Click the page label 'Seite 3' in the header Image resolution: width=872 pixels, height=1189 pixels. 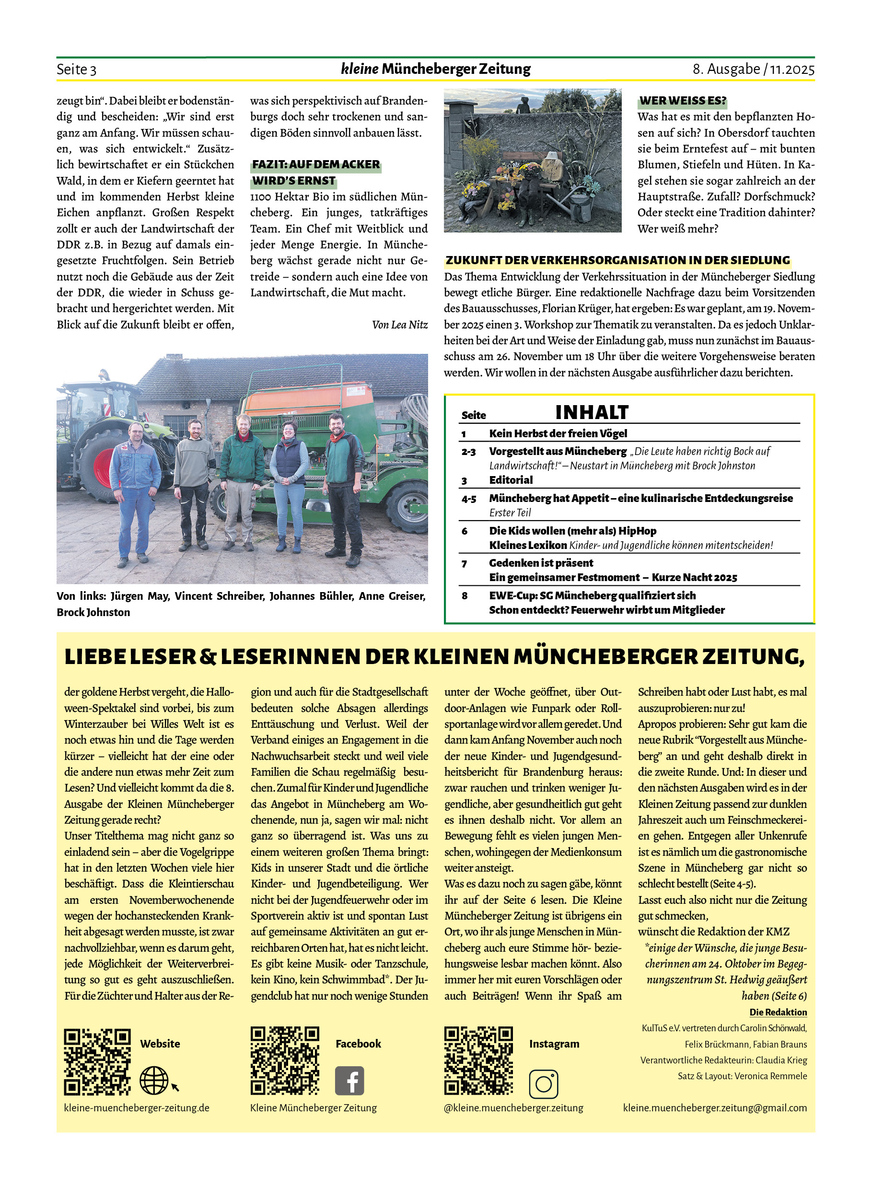[x=77, y=69]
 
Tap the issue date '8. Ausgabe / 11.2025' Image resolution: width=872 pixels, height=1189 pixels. [x=753, y=69]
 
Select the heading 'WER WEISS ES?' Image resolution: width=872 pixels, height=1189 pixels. [x=683, y=100]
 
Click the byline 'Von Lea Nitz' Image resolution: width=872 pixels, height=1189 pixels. [x=400, y=325]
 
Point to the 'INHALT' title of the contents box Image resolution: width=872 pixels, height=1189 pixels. [x=592, y=412]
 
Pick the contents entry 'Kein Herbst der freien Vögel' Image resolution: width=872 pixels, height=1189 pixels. [x=558, y=433]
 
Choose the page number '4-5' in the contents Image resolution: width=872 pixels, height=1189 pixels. [x=469, y=499]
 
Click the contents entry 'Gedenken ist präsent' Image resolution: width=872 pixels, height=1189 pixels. [x=541, y=563]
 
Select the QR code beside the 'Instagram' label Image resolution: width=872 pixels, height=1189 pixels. [x=478, y=1060]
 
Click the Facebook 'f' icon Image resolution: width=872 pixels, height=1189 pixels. [x=349, y=1080]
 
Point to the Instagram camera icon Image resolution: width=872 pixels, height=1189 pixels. [x=543, y=1084]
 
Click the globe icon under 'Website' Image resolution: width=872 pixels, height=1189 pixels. [x=153, y=1080]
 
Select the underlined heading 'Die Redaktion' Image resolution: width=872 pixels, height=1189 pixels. [x=778, y=1012]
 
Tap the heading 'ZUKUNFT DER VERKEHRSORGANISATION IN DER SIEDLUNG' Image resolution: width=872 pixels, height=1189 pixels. [x=617, y=260]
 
